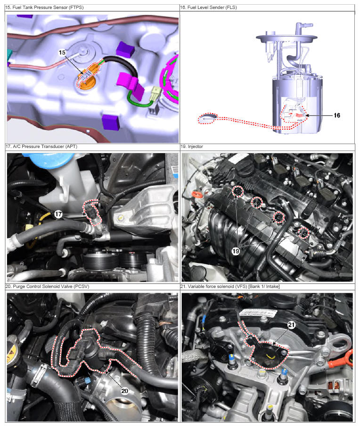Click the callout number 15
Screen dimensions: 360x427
(x=62, y=52)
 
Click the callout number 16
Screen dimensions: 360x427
(x=337, y=115)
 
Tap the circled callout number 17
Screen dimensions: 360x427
(x=58, y=214)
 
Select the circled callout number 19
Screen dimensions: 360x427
(x=236, y=251)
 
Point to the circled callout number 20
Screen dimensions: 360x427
(x=125, y=391)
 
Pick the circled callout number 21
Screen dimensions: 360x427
(x=292, y=325)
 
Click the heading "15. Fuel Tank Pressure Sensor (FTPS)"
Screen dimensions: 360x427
(x=44, y=8)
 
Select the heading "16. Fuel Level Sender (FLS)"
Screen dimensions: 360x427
(x=209, y=8)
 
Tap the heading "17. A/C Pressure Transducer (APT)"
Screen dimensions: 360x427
(x=41, y=147)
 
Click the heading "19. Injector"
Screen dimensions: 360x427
(x=192, y=147)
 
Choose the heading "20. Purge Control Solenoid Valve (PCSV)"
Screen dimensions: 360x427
(x=48, y=287)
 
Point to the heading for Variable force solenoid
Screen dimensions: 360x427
(x=230, y=287)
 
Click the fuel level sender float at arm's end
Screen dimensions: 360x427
(x=207, y=118)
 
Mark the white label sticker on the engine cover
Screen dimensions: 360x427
(x=258, y=313)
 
